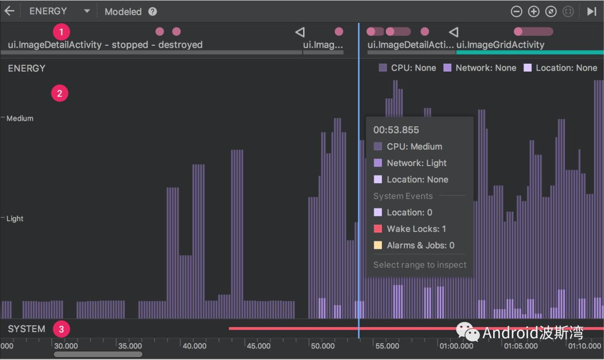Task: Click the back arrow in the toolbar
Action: [x=10, y=11]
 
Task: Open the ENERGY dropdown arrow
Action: [x=87, y=11]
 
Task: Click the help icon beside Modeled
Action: [x=153, y=12]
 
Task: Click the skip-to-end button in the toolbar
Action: [x=591, y=11]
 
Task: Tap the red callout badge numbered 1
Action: [x=61, y=31]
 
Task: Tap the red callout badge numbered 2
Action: [x=60, y=93]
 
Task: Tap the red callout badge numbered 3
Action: [x=61, y=329]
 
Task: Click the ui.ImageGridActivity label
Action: [x=500, y=45]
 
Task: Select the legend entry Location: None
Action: [x=560, y=68]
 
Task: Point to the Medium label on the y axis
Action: [x=20, y=119]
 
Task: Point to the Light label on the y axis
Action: [x=15, y=219]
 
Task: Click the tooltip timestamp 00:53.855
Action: [x=396, y=130]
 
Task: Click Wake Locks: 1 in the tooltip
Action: [x=416, y=229]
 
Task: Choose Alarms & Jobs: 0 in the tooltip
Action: [x=420, y=245]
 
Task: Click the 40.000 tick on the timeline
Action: [x=195, y=346]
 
